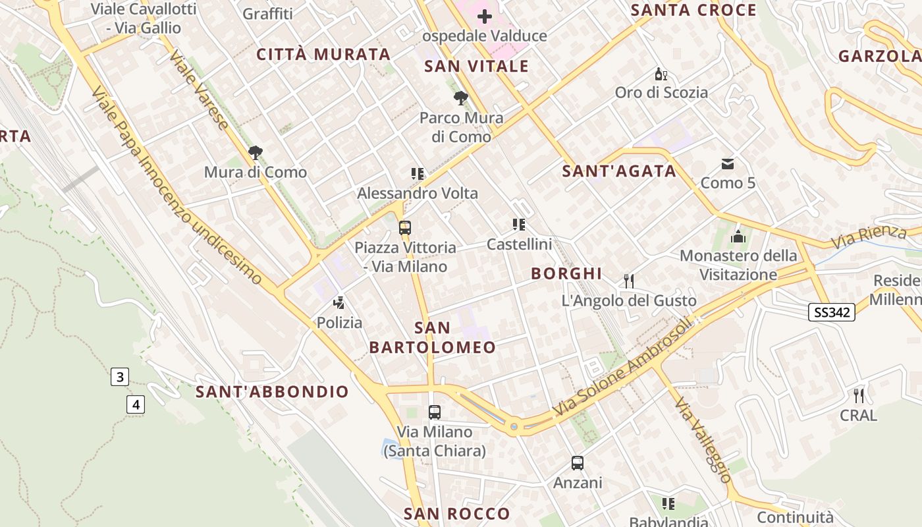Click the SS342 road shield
[x=832, y=312]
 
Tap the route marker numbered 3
[x=119, y=377]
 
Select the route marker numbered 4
[x=136, y=404]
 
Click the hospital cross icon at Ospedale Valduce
[x=485, y=16]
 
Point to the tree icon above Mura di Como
[x=255, y=153]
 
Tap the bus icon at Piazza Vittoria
[x=405, y=228]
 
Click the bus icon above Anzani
[x=578, y=462]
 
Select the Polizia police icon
[x=339, y=303]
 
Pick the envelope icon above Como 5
[x=728, y=163]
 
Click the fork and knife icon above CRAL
[x=858, y=395]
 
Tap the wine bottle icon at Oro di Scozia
[x=661, y=74]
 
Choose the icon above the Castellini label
[x=519, y=225]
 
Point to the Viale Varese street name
[x=199, y=89]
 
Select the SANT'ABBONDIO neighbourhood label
[x=272, y=392]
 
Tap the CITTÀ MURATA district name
[x=323, y=54]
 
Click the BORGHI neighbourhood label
[x=566, y=273]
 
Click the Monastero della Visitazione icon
[x=738, y=236]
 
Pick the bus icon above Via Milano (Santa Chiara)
[x=435, y=412]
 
